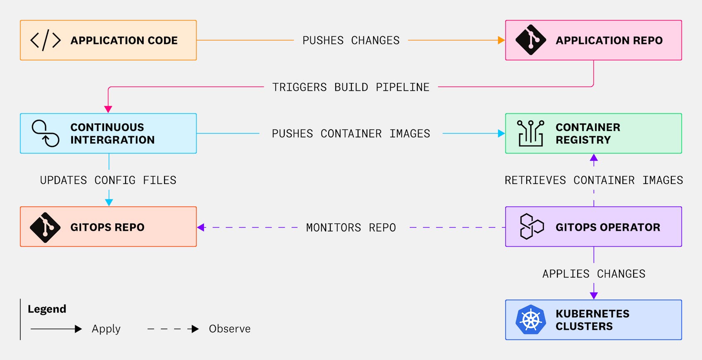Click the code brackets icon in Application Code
46,40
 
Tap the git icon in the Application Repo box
530,40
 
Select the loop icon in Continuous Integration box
46,133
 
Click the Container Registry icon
530,133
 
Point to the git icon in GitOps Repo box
45,227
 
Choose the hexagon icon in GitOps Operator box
531,227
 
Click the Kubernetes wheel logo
531,320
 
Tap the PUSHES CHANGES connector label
351,41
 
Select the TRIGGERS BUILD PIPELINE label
351,87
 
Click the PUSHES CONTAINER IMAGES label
351,134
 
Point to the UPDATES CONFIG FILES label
108,180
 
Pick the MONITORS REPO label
351,227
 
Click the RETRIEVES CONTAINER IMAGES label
593,180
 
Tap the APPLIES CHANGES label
593,274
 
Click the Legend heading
47,309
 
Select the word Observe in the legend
230,329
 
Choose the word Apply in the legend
106,329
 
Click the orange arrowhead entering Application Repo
501,40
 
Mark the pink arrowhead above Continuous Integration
108,109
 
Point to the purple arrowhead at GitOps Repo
201,227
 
